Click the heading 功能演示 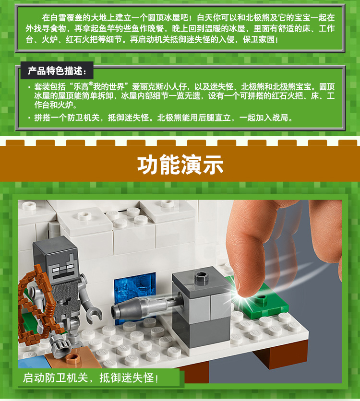coord(180,165)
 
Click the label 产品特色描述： coord(57,71)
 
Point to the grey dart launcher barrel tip coord(117,310)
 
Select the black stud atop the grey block coord(200,276)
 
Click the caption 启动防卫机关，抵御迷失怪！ coord(91,377)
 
